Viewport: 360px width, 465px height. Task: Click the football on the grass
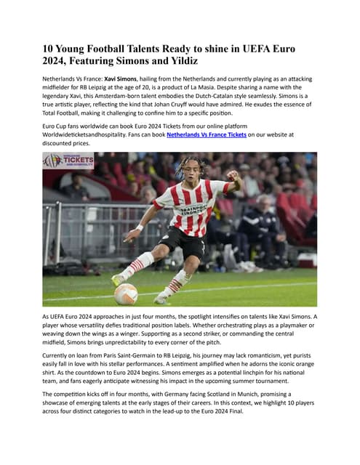click(x=126, y=294)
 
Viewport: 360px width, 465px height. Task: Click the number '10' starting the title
click(x=49, y=48)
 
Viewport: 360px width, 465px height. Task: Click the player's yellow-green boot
click(x=117, y=279)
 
